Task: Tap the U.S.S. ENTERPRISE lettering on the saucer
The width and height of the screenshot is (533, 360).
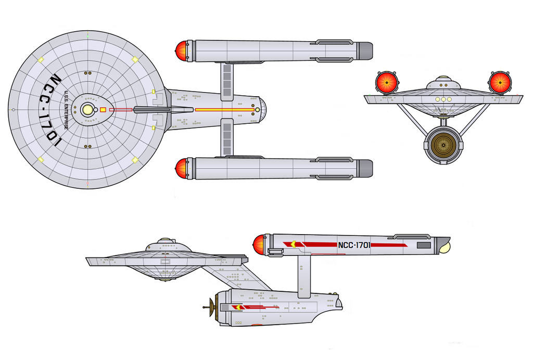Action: pos(66,110)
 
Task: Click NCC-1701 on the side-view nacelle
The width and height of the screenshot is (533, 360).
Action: pos(354,245)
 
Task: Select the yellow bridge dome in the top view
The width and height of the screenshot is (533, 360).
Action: pos(87,110)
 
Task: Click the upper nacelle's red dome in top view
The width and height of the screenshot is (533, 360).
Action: pos(181,51)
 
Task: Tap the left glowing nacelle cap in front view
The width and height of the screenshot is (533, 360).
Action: pos(387,82)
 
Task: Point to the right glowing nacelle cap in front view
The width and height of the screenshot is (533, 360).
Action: pos(500,82)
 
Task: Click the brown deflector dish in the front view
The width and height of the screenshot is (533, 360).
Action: pos(443,145)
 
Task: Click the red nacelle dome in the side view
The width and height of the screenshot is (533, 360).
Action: pos(259,245)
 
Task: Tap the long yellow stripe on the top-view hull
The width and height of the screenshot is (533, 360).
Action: pos(225,110)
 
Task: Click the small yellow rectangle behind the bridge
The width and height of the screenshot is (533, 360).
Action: pos(103,110)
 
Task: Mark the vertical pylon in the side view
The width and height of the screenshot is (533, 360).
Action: pos(304,276)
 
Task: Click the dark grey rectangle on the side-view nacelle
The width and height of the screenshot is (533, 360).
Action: pos(424,245)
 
